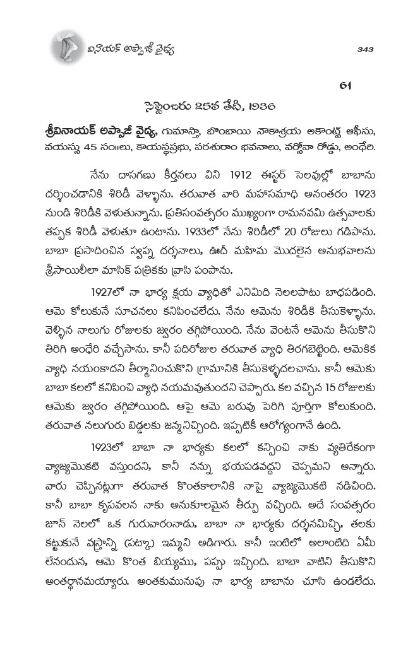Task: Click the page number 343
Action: click(367, 49)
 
